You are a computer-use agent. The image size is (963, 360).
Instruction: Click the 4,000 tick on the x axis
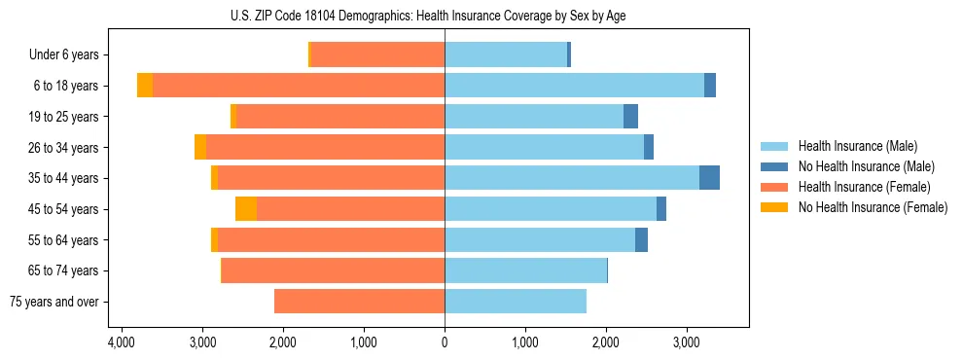pos(122,342)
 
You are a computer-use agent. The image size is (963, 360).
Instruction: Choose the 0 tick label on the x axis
pos(445,342)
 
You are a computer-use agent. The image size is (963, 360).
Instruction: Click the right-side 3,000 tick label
pos(687,342)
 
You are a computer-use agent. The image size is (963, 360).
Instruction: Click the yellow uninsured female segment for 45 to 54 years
pos(246,209)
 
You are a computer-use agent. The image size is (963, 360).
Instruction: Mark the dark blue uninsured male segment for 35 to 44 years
pos(709,178)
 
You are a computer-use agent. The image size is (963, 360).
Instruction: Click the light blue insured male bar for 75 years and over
pos(516,302)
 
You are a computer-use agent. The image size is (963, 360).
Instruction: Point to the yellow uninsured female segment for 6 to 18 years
pos(145,86)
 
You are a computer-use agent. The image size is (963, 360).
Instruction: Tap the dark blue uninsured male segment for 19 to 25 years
pos(630,117)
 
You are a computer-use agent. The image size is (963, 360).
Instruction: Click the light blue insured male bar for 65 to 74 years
pos(525,270)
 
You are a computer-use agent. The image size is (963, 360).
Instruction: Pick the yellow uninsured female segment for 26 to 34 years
pos(200,147)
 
